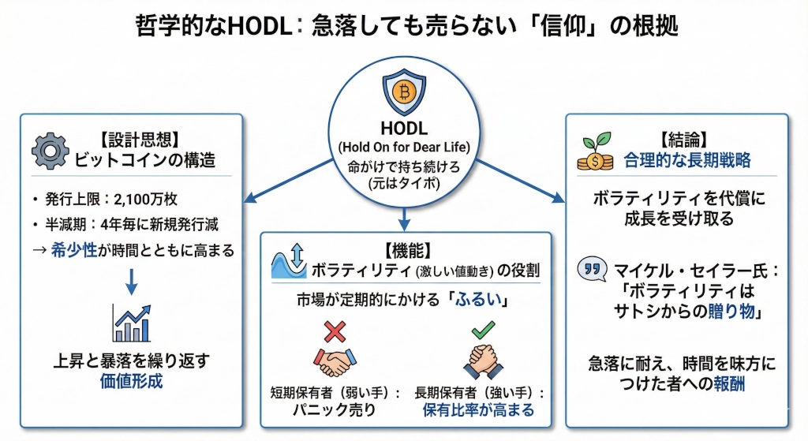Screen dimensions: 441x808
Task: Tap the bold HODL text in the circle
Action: (403, 129)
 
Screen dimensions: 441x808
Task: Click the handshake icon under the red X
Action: (335, 361)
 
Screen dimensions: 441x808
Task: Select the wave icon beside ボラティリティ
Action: (288, 261)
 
